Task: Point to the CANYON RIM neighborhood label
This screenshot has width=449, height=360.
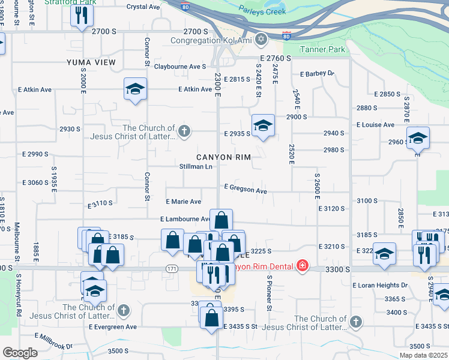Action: (221, 157)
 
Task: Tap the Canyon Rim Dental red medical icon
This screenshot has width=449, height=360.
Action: (302, 266)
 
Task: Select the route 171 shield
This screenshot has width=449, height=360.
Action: (173, 268)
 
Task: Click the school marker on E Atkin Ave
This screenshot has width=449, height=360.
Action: (135, 89)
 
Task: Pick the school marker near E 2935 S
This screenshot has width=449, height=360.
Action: (262, 125)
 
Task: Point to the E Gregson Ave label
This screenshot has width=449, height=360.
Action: (245, 189)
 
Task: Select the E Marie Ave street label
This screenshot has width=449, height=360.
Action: (184, 202)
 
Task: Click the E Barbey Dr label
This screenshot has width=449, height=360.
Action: (317, 74)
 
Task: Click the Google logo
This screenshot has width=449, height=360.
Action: (20, 353)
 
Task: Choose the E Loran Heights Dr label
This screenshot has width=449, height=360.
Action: (380, 285)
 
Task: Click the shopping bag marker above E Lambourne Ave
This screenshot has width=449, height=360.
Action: (221, 220)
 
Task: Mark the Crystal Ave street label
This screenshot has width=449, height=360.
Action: (143, 7)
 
